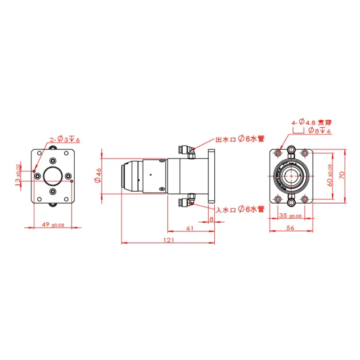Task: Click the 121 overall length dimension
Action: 169,240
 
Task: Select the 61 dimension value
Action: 190,228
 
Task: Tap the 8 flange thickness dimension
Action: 211,219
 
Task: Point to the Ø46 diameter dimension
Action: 98,175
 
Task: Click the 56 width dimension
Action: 290,228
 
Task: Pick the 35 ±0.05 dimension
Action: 290,216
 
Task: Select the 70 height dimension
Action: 342,175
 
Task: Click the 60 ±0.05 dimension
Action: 329,175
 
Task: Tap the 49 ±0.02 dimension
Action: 53,225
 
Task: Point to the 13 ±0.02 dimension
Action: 18,175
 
